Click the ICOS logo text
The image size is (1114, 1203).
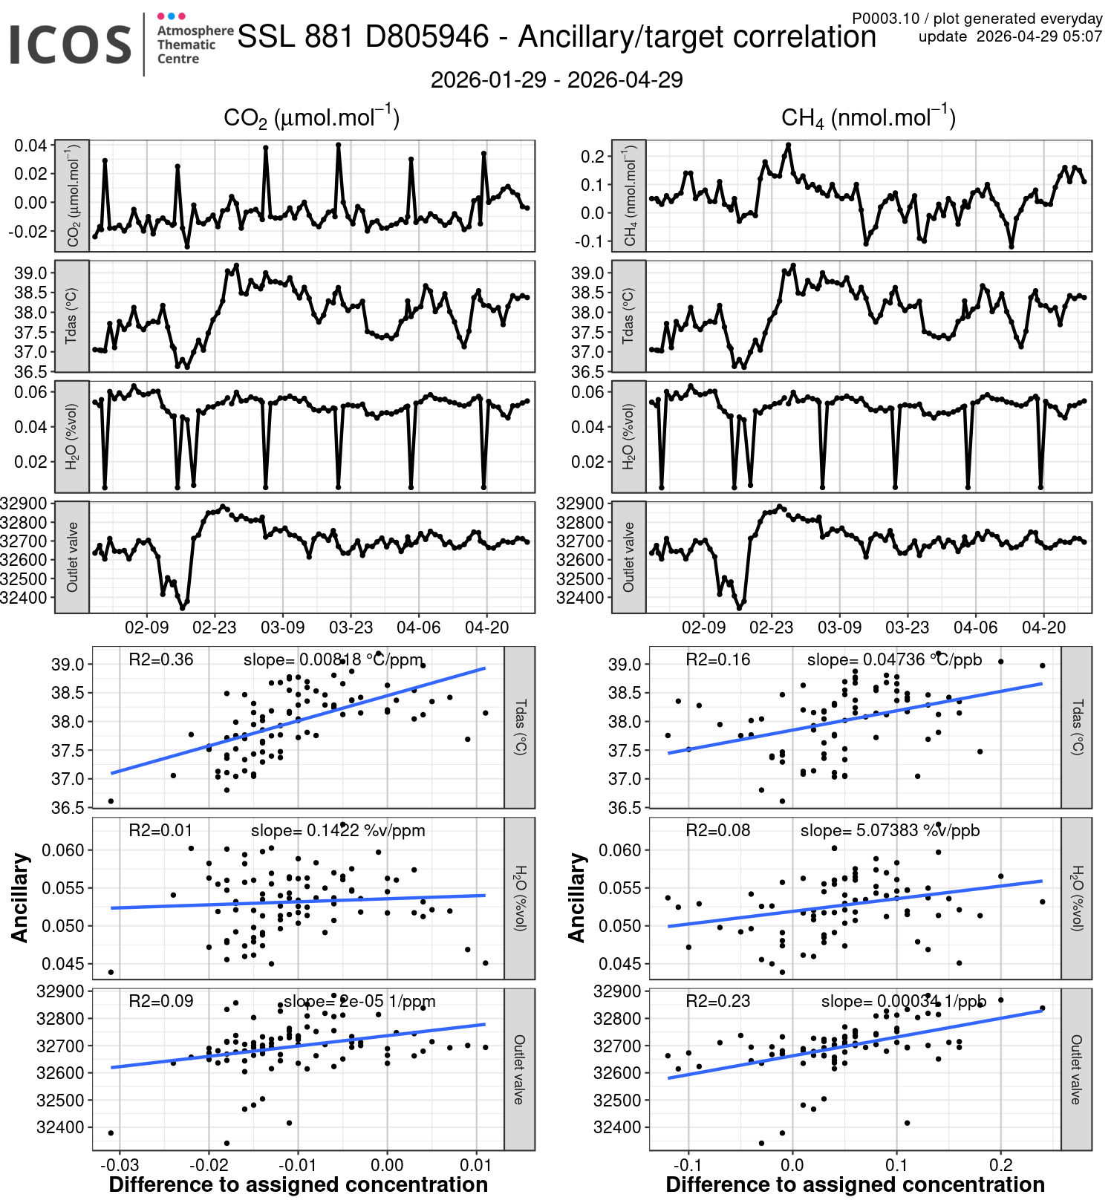click(71, 45)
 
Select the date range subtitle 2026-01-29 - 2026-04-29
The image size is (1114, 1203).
click(556, 80)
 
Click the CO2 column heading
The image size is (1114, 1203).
click(311, 118)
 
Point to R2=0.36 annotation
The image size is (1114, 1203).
click(160, 659)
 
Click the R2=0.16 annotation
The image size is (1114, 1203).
click(717, 659)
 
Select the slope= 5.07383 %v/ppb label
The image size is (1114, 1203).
click(890, 830)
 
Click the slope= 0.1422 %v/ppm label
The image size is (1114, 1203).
click(338, 830)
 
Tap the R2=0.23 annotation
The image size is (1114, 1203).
click(717, 1001)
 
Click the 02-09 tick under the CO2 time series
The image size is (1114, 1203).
click(146, 627)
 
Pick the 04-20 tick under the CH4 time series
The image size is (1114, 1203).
click(1043, 627)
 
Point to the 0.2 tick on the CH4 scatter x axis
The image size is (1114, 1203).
click(1001, 1165)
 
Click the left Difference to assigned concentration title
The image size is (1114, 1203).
click(299, 1185)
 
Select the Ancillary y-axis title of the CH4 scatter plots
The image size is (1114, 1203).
click(577, 898)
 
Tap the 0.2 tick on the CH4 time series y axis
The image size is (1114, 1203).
click(593, 156)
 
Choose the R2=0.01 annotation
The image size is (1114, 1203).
click(160, 830)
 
